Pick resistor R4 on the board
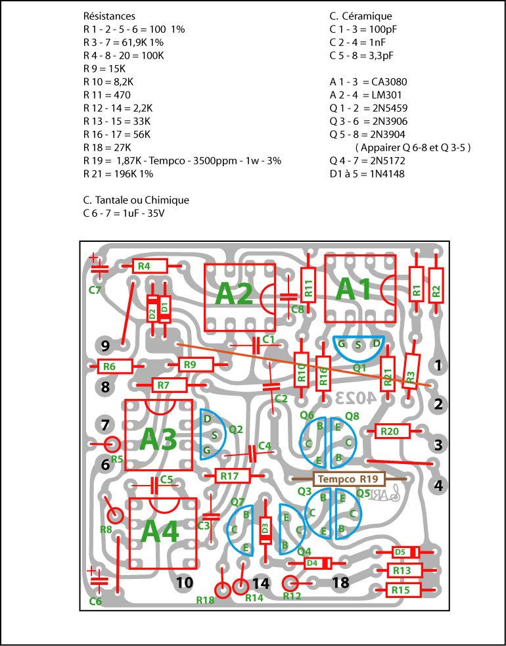pos(144,266)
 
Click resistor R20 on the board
pos(392,431)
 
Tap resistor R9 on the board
pos(189,364)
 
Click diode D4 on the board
pos(312,563)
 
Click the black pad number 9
pos(106,345)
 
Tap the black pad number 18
pos(340,582)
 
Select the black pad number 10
pos(185,582)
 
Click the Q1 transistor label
pos(359,368)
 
